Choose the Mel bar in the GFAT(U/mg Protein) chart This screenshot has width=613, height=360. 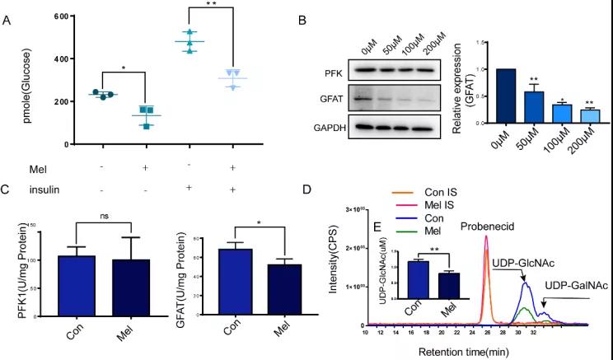[283, 296]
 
